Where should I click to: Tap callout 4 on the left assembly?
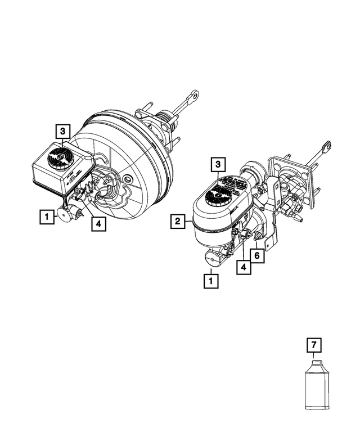click(98, 223)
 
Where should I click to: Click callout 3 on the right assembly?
click(218, 165)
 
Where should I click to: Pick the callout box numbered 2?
click(178, 221)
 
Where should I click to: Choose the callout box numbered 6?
click(256, 255)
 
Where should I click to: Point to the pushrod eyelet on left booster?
click(193, 97)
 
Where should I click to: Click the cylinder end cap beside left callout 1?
click(64, 215)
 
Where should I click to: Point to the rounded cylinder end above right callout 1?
click(212, 258)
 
